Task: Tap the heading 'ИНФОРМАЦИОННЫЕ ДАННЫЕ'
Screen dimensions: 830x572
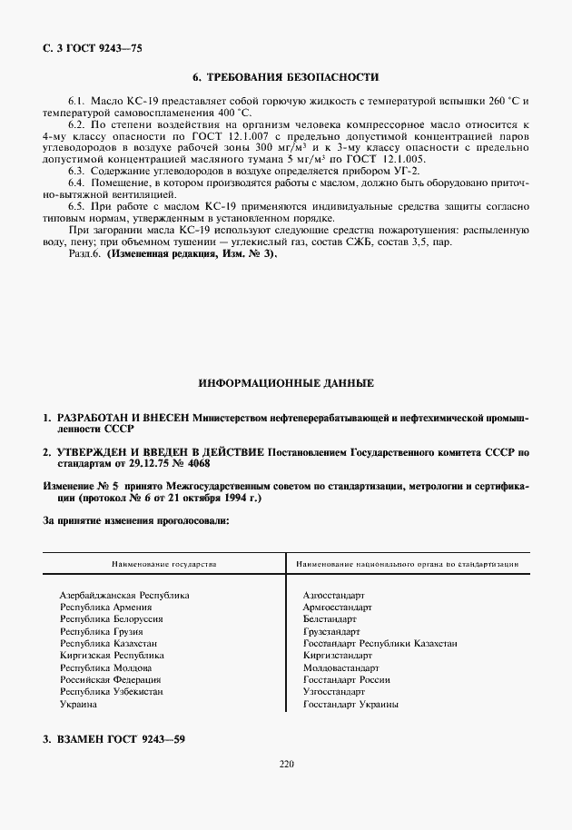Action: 286,384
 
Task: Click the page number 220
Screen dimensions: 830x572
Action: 287,764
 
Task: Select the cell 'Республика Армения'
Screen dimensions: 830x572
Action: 105,606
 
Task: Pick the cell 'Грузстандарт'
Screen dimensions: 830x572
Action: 331,630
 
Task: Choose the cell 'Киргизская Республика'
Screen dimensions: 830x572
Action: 112,655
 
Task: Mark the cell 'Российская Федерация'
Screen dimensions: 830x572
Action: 111,679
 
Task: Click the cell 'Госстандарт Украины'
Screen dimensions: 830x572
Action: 350,704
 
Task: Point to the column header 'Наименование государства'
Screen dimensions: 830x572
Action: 164,564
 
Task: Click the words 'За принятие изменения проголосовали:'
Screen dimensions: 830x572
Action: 135,522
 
